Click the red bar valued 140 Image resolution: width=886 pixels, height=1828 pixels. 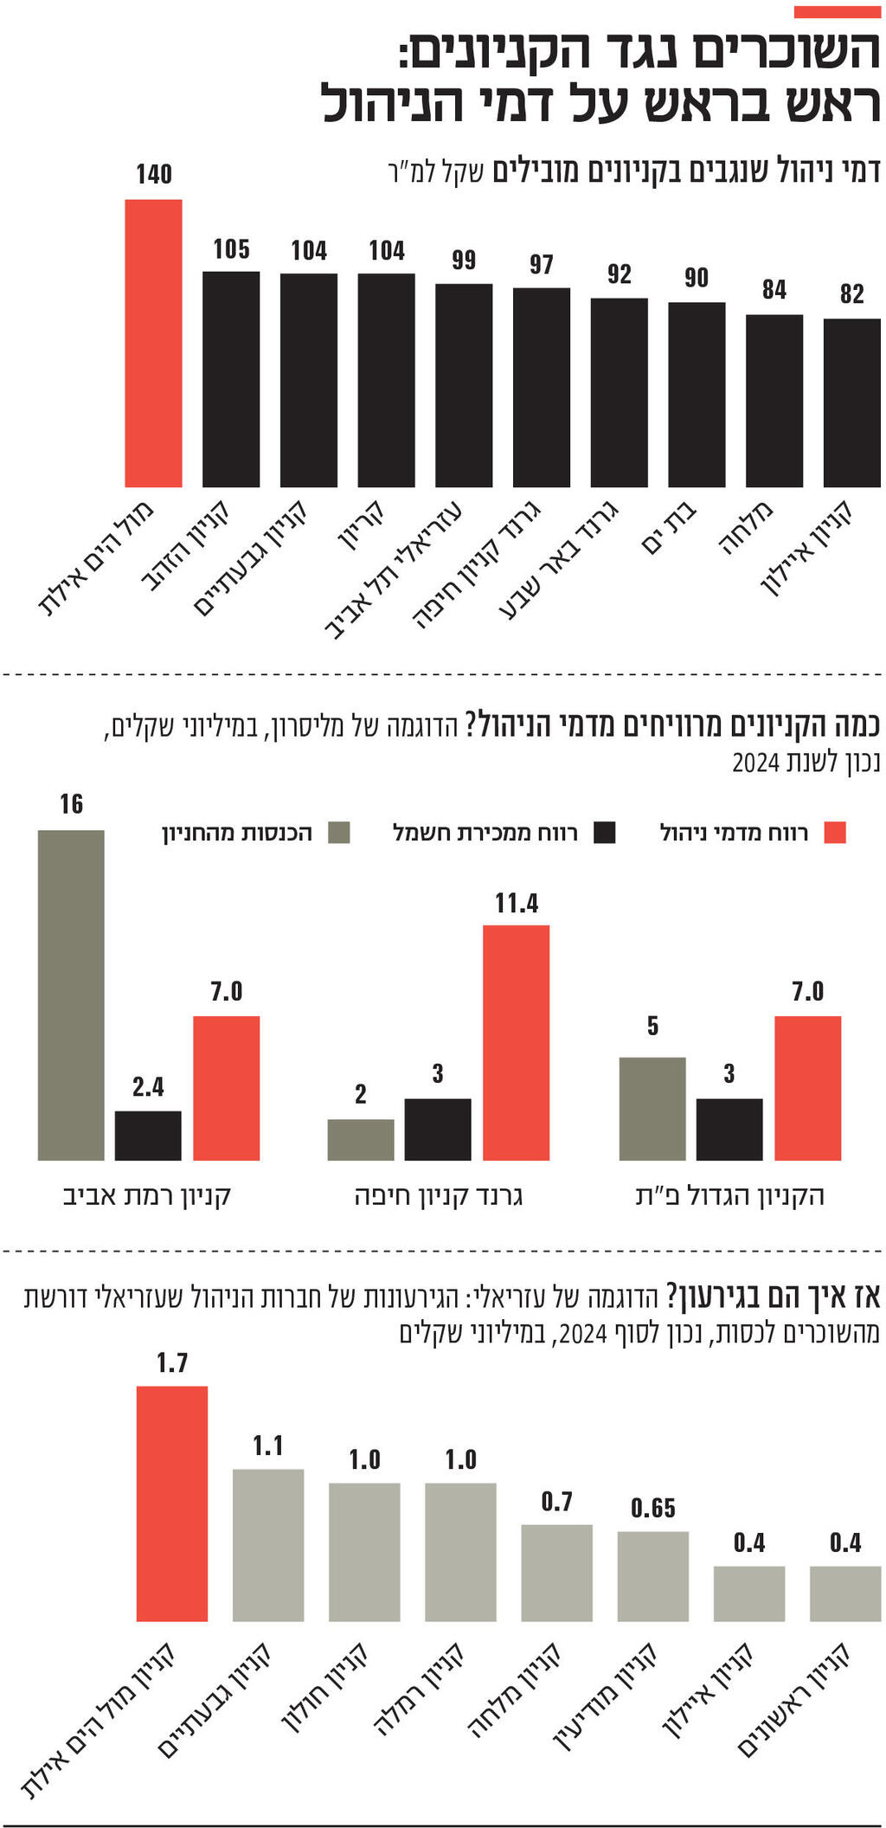(153, 343)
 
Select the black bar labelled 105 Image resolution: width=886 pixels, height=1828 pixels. (231, 379)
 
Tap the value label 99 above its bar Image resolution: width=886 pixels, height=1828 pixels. (464, 260)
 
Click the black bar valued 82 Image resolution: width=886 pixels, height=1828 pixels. (851, 402)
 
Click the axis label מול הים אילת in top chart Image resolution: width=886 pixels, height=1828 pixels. (97, 558)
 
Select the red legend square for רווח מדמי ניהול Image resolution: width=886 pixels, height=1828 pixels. (834, 833)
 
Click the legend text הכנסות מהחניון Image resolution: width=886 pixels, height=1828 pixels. (237, 834)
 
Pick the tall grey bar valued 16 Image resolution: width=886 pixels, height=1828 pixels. (71, 994)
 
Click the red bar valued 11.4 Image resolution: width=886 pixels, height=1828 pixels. (516, 1042)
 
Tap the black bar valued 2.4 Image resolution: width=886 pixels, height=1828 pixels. (148, 1135)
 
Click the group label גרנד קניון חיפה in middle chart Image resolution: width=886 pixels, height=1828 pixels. (439, 1196)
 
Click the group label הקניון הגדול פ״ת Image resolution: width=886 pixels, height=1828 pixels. (729, 1196)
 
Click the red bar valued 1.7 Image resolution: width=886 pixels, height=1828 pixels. (171, 1503)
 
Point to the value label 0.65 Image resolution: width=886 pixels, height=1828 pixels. (653, 1508)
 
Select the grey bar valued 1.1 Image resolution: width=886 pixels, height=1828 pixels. (268, 1545)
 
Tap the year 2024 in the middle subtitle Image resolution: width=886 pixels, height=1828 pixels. (756, 763)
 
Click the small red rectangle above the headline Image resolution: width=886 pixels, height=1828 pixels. (836, 12)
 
